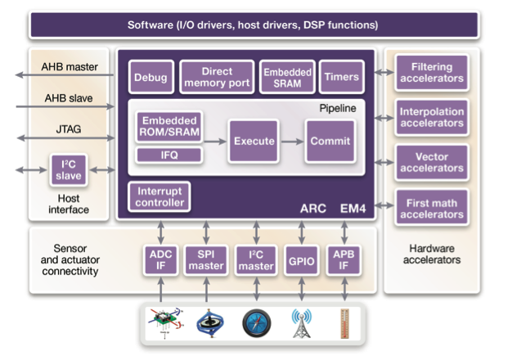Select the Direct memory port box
coord(216,77)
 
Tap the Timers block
coord(340,77)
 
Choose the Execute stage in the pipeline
coord(253,141)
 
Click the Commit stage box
coord(330,141)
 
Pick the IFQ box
coord(169,154)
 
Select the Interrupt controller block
coord(160,197)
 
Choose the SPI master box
coord(206,260)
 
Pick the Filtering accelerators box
coord(431,72)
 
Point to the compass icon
coord(255,325)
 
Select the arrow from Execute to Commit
coord(291,142)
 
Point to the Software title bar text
coord(253,25)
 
